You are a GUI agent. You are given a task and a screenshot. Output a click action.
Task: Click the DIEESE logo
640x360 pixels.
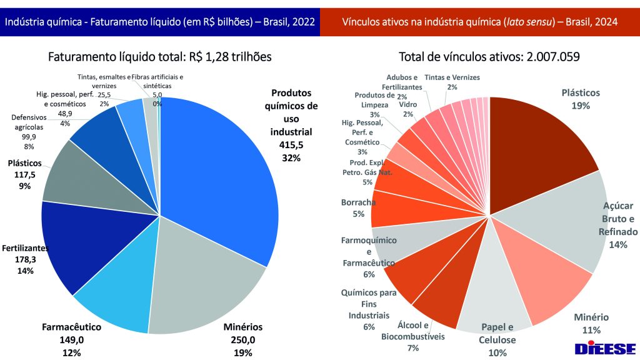(605, 348)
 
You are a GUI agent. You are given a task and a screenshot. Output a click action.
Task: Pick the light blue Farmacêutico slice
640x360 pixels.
(116, 300)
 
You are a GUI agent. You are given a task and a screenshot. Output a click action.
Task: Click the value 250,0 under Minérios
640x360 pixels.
(243, 340)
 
